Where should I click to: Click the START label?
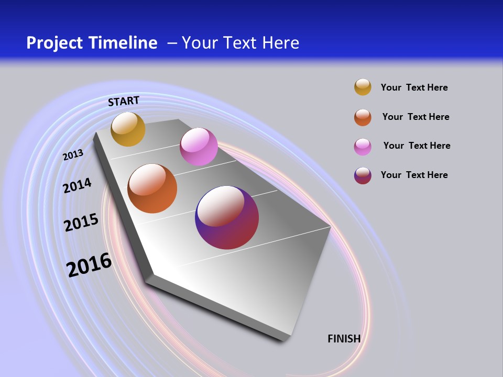click(124, 101)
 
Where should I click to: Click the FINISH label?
click(344, 339)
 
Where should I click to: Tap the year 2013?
click(73, 155)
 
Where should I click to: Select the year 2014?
click(77, 185)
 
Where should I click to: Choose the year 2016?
click(89, 265)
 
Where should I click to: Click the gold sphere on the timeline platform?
click(128, 129)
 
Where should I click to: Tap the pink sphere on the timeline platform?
click(199, 147)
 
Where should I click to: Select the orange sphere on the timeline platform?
click(152, 188)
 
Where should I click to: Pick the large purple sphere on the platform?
click(227, 217)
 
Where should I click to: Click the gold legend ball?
click(363, 87)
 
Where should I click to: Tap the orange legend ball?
click(363, 117)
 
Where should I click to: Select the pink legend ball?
click(363, 147)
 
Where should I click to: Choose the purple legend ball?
click(363, 175)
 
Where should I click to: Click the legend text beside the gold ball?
click(414, 87)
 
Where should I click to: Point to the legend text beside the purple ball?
click(414, 175)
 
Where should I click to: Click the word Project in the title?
click(54, 43)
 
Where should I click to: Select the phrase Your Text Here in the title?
click(240, 43)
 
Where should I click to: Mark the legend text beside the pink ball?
click(417, 146)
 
